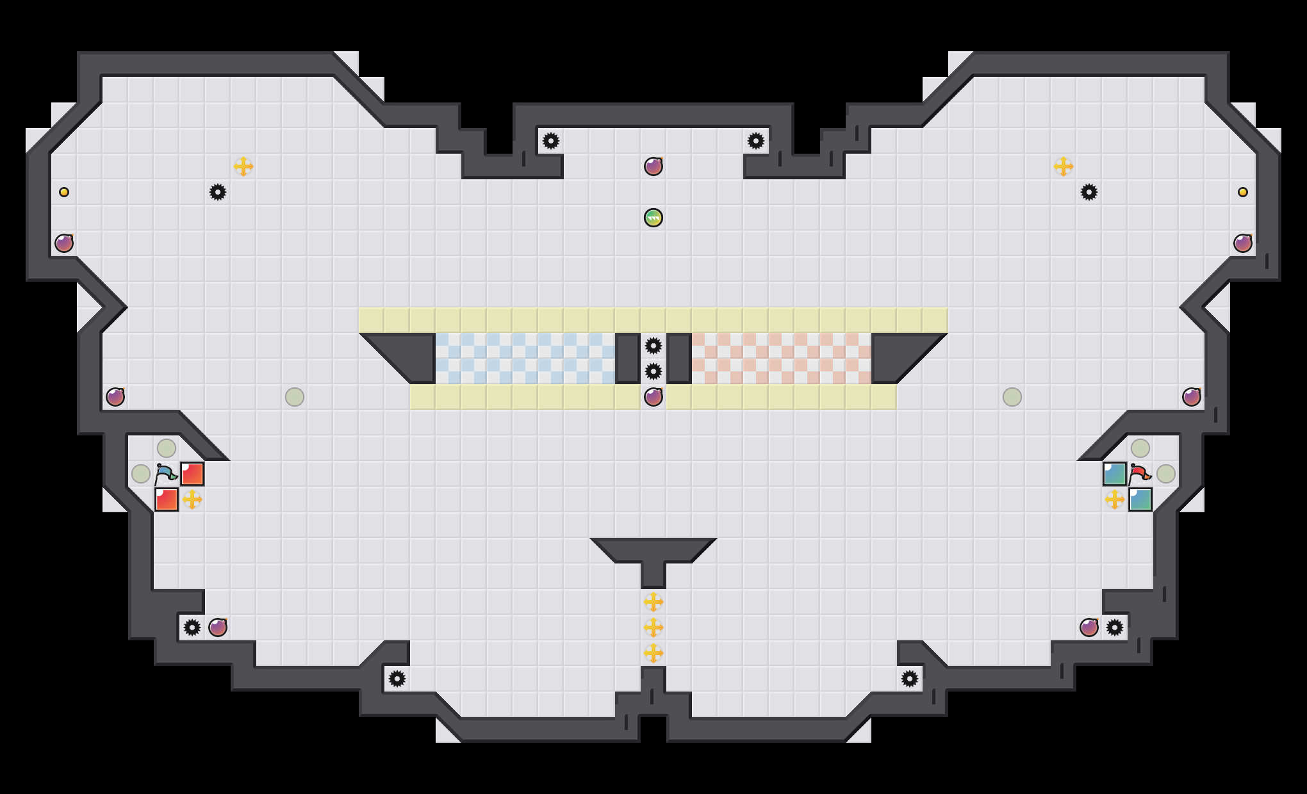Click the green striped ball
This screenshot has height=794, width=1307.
tap(653, 218)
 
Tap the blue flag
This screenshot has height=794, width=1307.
tap(165, 474)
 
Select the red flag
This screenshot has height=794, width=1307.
tap(1140, 474)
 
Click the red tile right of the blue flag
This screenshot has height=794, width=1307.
tap(192, 474)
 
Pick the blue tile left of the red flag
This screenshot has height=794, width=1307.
tap(1115, 474)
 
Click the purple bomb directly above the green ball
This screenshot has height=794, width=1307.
tap(653, 166)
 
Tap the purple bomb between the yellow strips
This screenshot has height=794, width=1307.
tap(653, 397)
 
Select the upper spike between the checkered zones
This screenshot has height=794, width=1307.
tap(653, 346)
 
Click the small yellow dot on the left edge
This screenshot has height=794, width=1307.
tap(64, 192)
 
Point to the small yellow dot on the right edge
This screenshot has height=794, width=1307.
tap(1243, 192)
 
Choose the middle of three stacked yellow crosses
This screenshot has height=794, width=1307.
tap(653, 628)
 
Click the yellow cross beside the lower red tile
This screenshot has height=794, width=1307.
tap(192, 499)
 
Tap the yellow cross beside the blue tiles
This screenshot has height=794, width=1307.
tap(1115, 499)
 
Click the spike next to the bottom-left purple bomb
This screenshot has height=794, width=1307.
tap(192, 628)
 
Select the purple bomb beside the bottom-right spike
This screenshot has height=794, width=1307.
tap(1089, 628)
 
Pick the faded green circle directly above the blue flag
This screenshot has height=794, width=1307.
tap(167, 448)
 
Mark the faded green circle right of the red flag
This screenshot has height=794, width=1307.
tap(1166, 474)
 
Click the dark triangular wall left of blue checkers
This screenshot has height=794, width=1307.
tap(410, 355)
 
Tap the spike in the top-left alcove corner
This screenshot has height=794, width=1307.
tap(551, 141)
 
